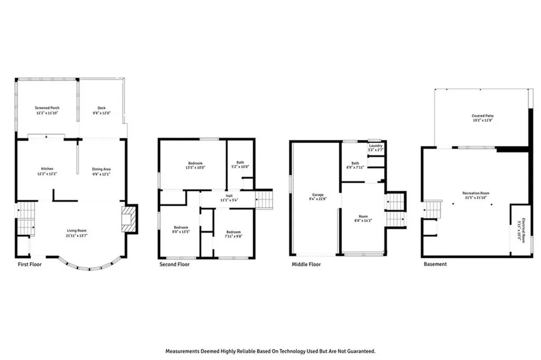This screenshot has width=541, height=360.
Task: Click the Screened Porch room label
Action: (x=46, y=108)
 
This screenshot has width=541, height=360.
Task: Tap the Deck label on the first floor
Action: (x=101, y=108)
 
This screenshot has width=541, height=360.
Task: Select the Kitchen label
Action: (x=48, y=169)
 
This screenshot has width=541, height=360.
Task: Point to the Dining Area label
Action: (x=101, y=169)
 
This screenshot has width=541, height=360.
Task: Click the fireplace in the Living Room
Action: (x=128, y=219)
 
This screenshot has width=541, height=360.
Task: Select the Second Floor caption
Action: (x=174, y=264)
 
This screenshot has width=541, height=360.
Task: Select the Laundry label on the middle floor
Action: (x=376, y=145)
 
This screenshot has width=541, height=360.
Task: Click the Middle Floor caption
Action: (x=306, y=264)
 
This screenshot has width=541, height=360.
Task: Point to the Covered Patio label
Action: (x=483, y=116)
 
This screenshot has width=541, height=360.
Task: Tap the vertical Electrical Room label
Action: (x=523, y=229)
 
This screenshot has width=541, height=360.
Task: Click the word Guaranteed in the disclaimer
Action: (x=359, y=350)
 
